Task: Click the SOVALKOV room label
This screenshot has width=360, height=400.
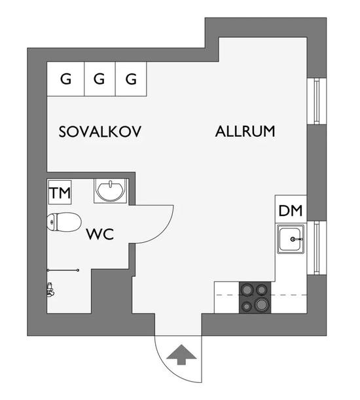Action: pyautogui.click(x=99, y=132)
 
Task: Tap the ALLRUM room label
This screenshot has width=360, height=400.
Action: pyautogui.click(x=245, y=132)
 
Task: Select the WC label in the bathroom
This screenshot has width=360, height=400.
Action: pyautogui.click(x=99, y=234)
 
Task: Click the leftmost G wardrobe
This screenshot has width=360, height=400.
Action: pyautogui.click(x=65, y=79)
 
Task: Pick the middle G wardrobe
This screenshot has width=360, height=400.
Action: pyautogui.click(x=99, y=79)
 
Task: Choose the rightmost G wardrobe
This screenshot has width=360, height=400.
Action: pyautogui.click(x=131, y=79)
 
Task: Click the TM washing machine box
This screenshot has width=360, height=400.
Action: pyautogui.click(x=60, y=192)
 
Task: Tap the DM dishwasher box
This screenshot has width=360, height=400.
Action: pyautogui.click(x=291, y=210)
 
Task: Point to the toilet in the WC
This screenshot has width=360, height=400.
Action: pyautogui.click(x=64, y=222)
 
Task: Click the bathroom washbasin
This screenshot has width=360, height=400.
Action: pyautogui.click(x=111, y=191)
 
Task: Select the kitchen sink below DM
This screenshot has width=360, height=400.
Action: pyautogui.click(x=291, y=239)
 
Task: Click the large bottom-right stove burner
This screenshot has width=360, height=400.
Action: pyautogui.click(x=262, y=304)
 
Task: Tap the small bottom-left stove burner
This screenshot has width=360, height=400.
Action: pyautogui.click(x=247, y=306)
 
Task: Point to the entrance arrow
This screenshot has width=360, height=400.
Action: pyautogui.click(x=181, y=355)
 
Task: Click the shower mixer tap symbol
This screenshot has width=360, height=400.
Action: pyautogui.click(x=50, y=290)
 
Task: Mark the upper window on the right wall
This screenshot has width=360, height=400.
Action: pyautogui.click(x=317, y=101)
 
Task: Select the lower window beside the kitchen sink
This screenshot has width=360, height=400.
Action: pyautogui.click(x=317, y=247)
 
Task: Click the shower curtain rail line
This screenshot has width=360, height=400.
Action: pyautogui.click(x=63, y=270)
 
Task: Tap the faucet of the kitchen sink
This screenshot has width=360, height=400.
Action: pyautogui.click(x=297, y=240)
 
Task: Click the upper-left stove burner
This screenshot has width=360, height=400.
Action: pyautogui.click(x=247, y=290)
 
